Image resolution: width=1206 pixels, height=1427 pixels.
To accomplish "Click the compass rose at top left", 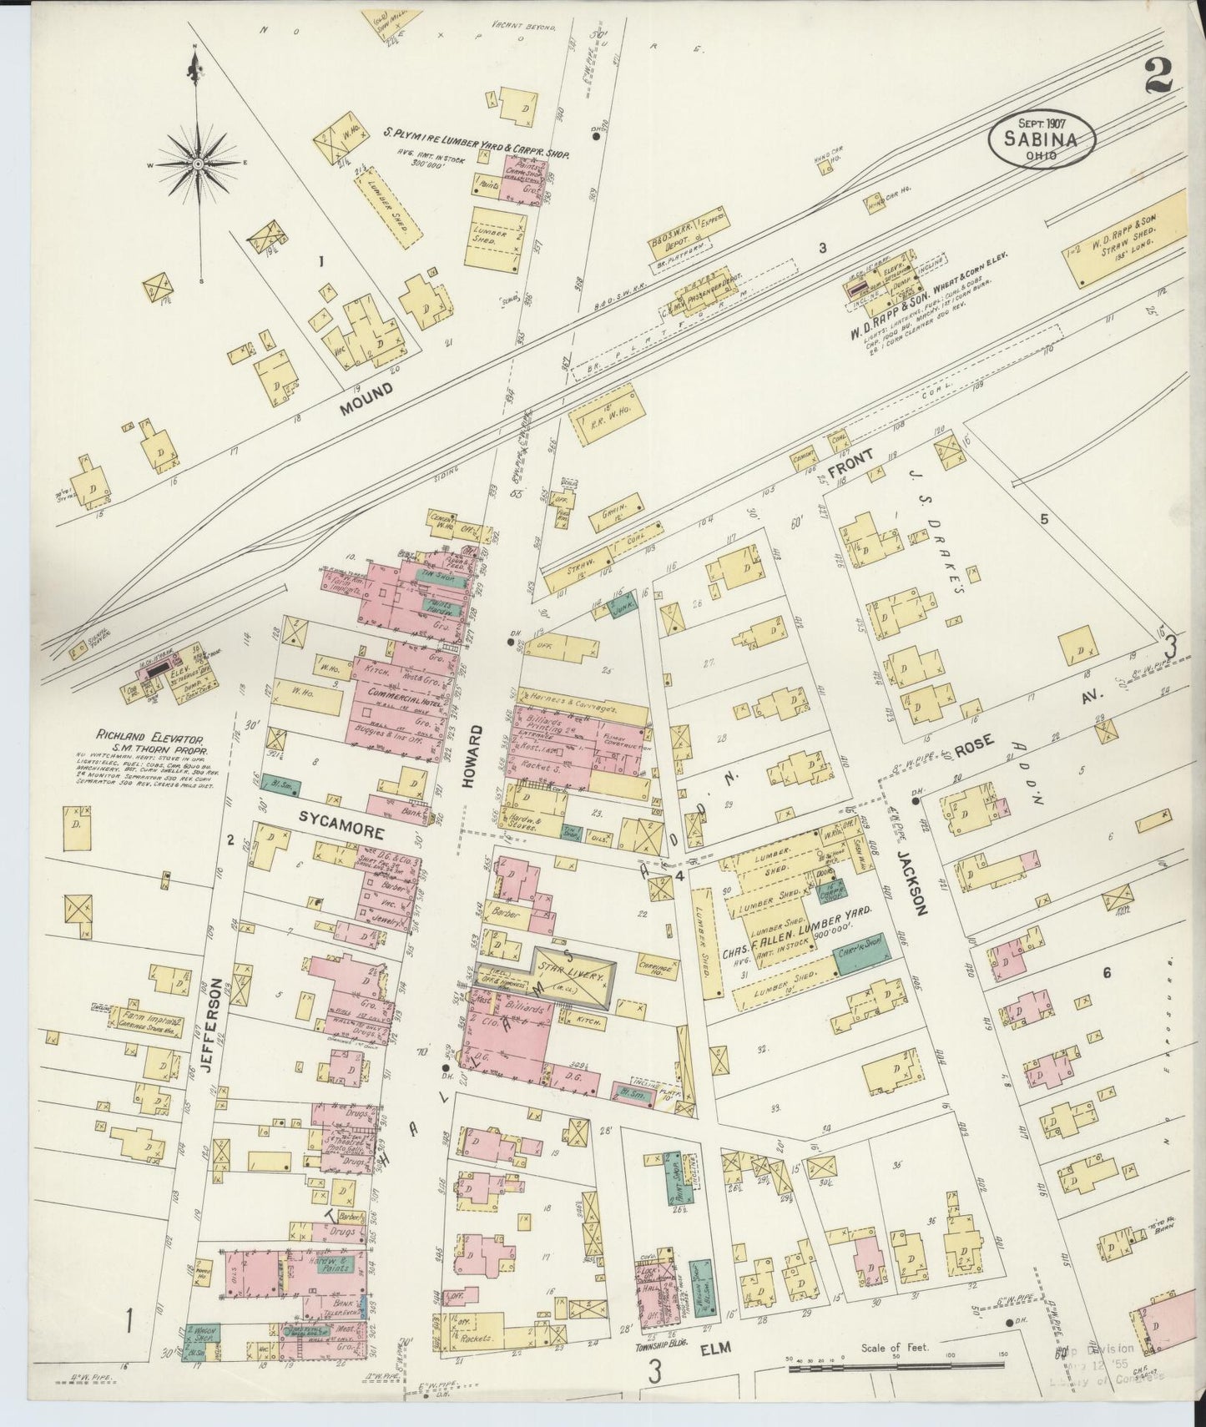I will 198,164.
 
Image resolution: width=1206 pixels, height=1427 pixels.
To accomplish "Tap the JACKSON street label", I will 915,882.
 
